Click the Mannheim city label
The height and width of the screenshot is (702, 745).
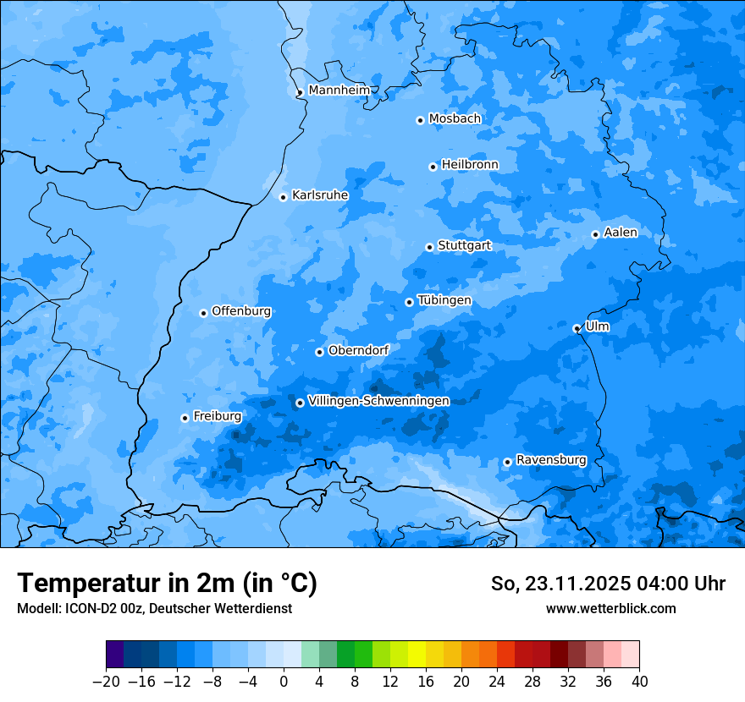pyautogui.click(x=339, y=90)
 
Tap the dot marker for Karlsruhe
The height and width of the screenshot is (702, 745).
pyautogui.click(x=284, y=197)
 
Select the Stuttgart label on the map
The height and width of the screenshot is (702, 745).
pyautogui.click(x=464, y=246)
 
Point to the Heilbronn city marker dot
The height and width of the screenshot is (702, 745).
pyautogui.click(x=433, y=167)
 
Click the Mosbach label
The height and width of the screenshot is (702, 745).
pyautogui.click(x=455, y=119)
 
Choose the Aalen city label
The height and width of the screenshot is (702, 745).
pyautogui.click(x=621, y=233)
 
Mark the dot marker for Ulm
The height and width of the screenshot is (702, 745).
pyautogui.click(x=577, y=328)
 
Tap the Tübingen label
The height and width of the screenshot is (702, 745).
pyautogui.click(x=444, y=301)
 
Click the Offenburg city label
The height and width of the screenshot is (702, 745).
pyautogui.click(x=241, y=311)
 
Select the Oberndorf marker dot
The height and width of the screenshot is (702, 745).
pyautogui.click(x=319, y=352)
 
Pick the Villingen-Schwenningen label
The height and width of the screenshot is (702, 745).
pyautogui.click(x=378, y=401)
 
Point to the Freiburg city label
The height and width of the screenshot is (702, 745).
pyautogui.click(x=218, y=416)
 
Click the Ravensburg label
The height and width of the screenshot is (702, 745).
pyautogui.click(x=551, y=460)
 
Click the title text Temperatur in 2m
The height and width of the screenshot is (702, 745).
pyautogui.click(x=167, y=584)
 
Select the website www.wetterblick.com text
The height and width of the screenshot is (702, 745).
pyautogui.click(x=610, y=608)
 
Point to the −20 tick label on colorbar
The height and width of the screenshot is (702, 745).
pyautogui.click(x=106, y=682)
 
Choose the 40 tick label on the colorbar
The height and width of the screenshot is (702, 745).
pyautogui.click(x=639, y=682)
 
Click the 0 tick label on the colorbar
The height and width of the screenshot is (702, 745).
pyautogui.click(x=284, y=682)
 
